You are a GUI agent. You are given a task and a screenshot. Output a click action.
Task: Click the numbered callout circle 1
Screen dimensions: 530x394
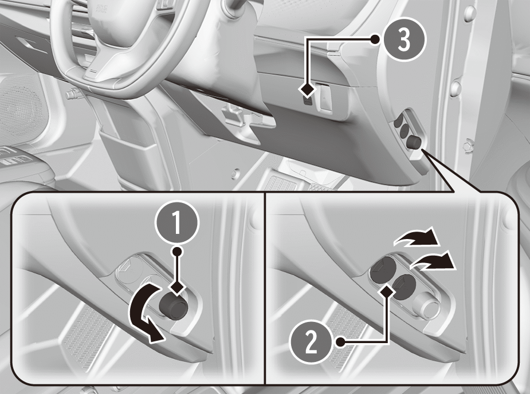177,221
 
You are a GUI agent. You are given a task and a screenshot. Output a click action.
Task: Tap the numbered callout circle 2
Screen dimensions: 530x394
311,342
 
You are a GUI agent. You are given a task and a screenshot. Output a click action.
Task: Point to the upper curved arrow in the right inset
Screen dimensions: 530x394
416,237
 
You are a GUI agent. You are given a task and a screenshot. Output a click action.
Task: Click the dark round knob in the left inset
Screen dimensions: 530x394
173,305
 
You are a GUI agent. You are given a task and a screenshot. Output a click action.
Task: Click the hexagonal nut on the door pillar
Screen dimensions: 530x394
468,146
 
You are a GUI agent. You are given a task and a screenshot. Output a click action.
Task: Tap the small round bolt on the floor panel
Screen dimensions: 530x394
234,174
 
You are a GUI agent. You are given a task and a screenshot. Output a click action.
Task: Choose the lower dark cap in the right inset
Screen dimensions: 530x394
405,286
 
